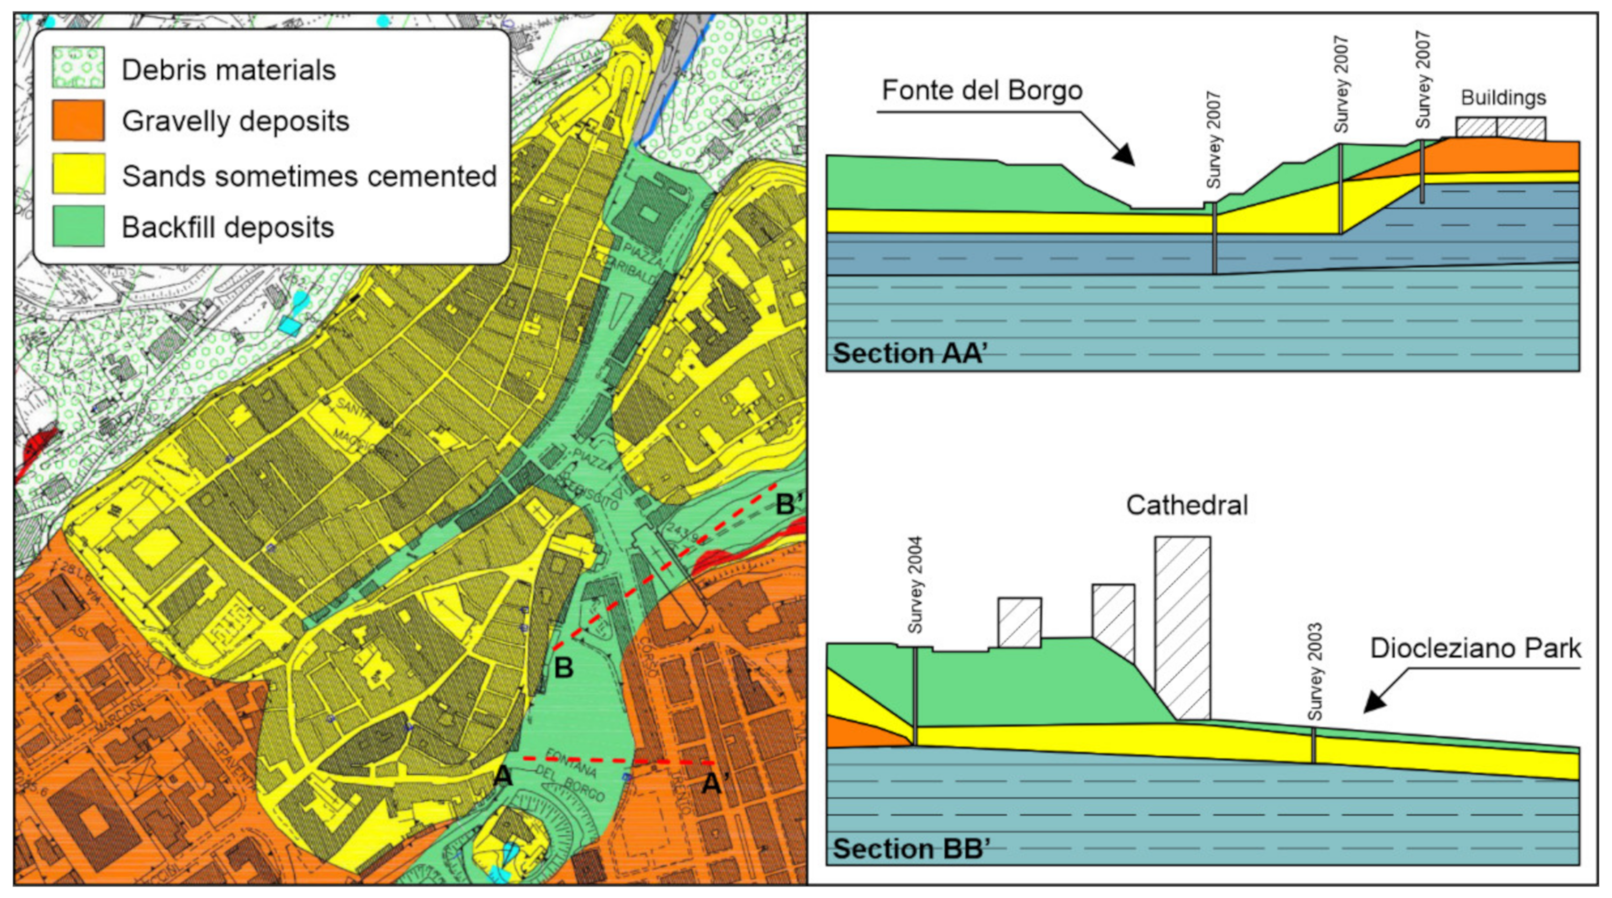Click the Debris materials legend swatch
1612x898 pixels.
[x=78, y=67]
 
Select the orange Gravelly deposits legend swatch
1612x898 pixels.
[x=78, y=120]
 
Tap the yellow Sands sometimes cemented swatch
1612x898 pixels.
[x=78, y=174]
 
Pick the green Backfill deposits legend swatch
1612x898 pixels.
[x=78, y=226]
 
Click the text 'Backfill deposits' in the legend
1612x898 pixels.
[x=228, y=227]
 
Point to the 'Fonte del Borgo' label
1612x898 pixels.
[x=982, y=91]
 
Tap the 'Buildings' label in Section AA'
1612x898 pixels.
[x=1503, y=98]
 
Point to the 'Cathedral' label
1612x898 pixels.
[x=1186, y=505]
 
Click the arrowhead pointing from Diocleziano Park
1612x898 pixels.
[x=1376, y=701]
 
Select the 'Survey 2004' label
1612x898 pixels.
[x=915, y=585]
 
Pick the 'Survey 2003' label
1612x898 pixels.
[x=1315, y=671]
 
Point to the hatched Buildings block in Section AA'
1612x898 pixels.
[x=1500, y=128]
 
